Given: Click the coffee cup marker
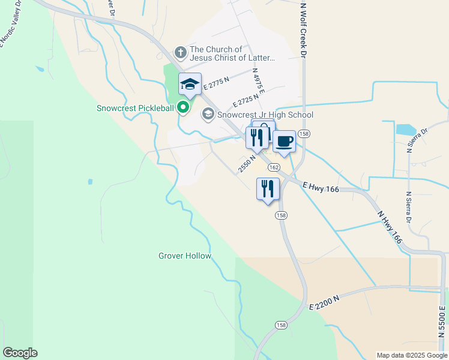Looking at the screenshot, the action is click(x=284, y=142).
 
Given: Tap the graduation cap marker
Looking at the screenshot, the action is click(x=190, y=85).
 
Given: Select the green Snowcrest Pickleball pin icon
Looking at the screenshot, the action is click(x=184, y=108).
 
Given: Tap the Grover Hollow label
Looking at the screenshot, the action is click(x=185, y=256).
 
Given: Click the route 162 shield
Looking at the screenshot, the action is click(x=274, y=167).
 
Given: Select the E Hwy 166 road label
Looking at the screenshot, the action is click(x=321, y=188).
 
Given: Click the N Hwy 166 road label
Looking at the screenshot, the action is click(x=390, y=230).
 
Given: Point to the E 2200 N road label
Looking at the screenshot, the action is click(x=325, y=302).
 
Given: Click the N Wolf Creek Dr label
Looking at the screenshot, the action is click(x=304, y=30).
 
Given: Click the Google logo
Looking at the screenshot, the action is click(x=20, y=353).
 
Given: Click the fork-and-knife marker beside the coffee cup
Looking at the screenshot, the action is click(x=256, y=139).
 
